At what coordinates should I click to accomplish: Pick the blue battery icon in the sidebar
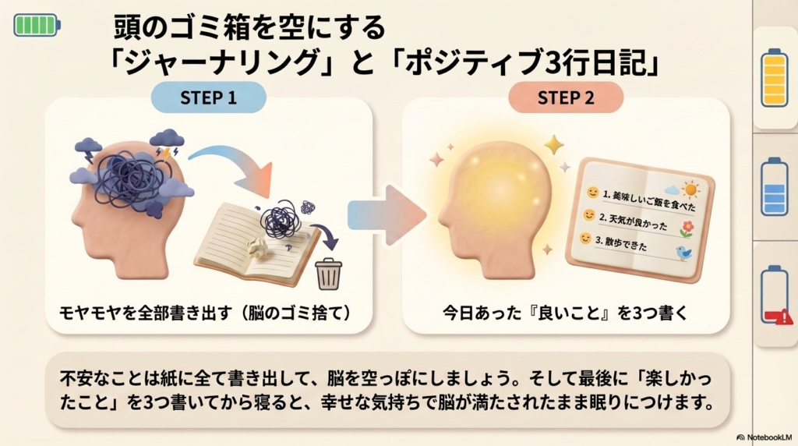(x=775, y=187)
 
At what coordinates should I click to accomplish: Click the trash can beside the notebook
(x=327, y=274)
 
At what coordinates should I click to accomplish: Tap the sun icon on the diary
(x=690, y=189)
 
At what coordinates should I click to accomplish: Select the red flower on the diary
(x=687, y=228)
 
